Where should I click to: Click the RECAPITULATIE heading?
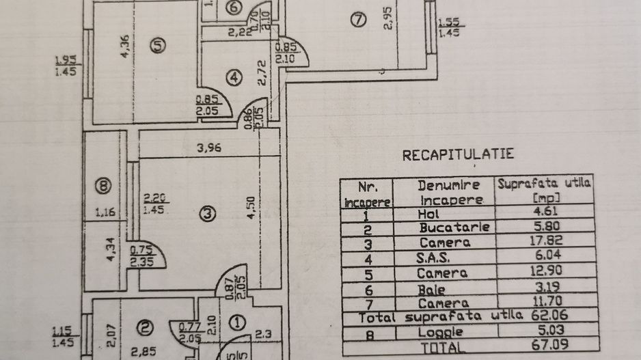458,154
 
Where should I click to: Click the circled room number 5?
159,46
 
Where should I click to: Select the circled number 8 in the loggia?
104,184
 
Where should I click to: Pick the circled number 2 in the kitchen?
144,329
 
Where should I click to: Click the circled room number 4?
234,78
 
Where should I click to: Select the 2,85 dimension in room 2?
141,352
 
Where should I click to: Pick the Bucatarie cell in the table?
454,227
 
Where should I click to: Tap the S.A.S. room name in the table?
445,258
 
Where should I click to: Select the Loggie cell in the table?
444,332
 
